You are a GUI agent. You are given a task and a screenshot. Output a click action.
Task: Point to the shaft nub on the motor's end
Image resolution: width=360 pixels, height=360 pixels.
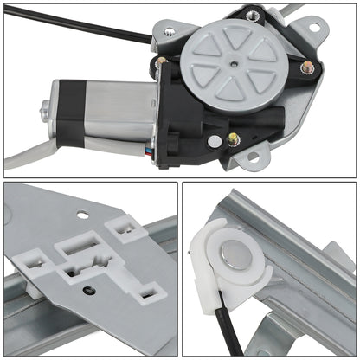coord(46,110)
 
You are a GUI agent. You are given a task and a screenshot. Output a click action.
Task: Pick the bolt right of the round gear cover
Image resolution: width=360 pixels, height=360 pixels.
coord(306,67)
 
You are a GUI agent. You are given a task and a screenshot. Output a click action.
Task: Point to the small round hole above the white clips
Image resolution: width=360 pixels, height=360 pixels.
coord(82,215)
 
